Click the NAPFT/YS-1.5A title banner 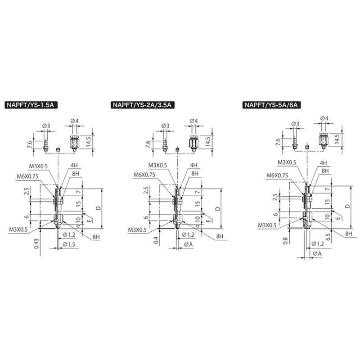click(x=31, y=105)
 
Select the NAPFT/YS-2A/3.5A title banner click(x=142, y=105)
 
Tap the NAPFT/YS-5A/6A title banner click(x=271, y=105)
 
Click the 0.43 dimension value click(x=36, y=243)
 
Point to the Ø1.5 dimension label click(x=69, y=244)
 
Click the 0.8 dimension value click(x=285, y=241)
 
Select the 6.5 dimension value click(x=328, y=237)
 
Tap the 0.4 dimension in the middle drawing click(x=156, y=240)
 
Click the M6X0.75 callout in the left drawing click(x=27, y=176)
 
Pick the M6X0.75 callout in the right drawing click(x=277, y=175)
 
